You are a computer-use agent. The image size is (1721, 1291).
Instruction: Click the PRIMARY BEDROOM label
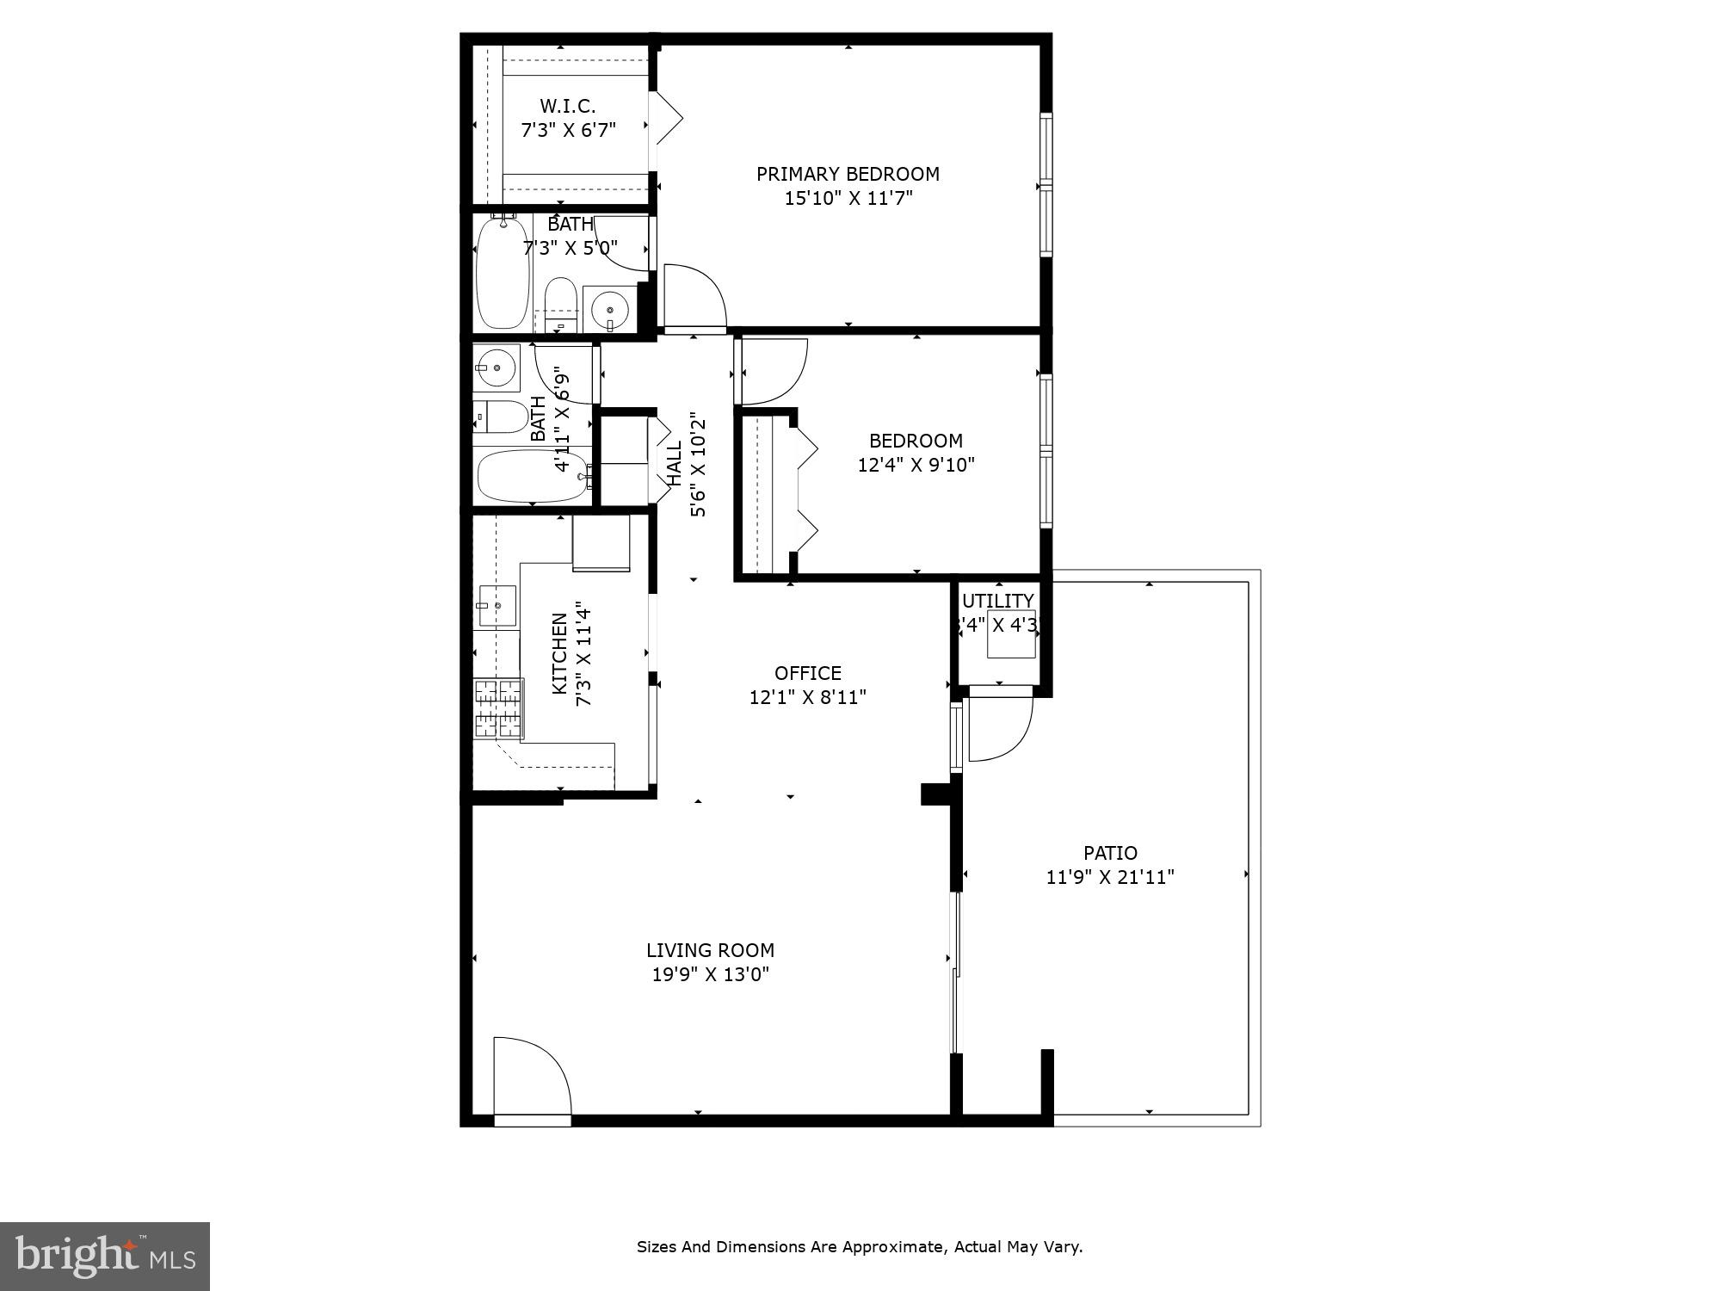click(x=848, y=174)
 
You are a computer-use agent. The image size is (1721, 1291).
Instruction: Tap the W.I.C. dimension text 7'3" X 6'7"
click(x=568, y=131)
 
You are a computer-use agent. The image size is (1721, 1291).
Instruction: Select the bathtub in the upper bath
click(x=503, y=273)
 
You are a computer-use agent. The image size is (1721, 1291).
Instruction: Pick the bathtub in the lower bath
click(x=532, y=476)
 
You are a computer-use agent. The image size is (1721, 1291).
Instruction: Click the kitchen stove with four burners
click(x=498, y=708)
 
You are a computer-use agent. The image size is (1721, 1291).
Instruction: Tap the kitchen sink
click(x=497, y=605)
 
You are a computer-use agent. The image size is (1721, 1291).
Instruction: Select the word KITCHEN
click(x=559, y=653)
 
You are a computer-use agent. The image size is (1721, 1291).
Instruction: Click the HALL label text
click(x=675, y=464)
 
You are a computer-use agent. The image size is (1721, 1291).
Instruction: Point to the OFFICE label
click(x=807, y=673)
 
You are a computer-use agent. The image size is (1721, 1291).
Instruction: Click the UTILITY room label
click(x=997, y=601)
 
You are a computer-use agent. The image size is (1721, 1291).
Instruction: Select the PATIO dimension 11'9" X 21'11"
click(x=1110, y=877)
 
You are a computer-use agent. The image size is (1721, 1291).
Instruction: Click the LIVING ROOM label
click(x=710, y=950)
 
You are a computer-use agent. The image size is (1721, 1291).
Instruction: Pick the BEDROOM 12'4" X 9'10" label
click(x=916, y=453)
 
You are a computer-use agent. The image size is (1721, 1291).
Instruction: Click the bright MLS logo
click(x=104, y=1257)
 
